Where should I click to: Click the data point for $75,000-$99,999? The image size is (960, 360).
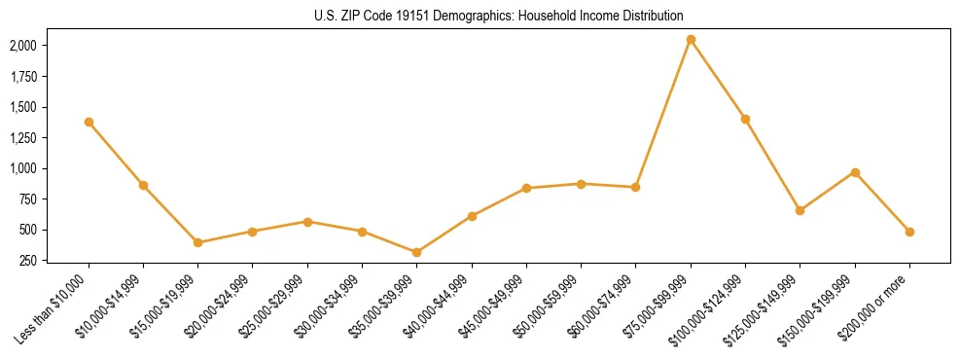point(691,39)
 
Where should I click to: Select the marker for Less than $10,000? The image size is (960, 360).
point(89,122)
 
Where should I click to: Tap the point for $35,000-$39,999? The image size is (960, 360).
point(417,252)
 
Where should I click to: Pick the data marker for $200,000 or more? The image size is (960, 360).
point(909,232)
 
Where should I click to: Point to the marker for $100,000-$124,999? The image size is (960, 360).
point(745,119)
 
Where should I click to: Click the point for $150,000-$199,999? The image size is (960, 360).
point(855,172)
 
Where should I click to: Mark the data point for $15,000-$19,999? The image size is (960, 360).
point(198,242)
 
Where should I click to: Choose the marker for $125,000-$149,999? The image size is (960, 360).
point(800,210)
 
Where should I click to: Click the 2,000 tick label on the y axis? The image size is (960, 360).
point(23,45)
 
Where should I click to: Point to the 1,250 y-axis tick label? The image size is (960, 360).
point(23,137)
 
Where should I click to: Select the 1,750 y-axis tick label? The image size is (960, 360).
point(23,76)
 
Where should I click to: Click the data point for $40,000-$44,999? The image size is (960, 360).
point(472,216)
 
